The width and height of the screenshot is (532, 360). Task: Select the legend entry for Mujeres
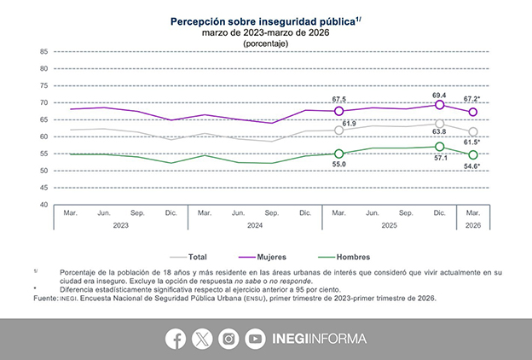[x=269, y=256]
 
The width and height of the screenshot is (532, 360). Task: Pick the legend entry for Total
[x=196, y=256]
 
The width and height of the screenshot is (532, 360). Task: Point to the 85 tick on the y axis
[x=43, y=52]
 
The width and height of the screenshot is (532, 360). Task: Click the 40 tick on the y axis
[x=43, y=205]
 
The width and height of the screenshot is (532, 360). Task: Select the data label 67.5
[x=339, y=99]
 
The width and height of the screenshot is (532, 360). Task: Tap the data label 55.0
[x=339, y=165]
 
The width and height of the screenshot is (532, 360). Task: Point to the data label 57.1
[x=440, y=159]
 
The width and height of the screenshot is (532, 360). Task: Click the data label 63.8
[x=440, y=132]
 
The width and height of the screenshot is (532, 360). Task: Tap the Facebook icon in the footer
[x=176, y=339]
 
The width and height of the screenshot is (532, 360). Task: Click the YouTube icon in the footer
[x=254, y=339]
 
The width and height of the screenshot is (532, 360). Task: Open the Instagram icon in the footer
[x=228, y=339]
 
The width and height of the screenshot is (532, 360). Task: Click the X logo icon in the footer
[x=202, y=339]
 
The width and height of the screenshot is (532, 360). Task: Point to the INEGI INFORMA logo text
[x=320, y=339]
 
